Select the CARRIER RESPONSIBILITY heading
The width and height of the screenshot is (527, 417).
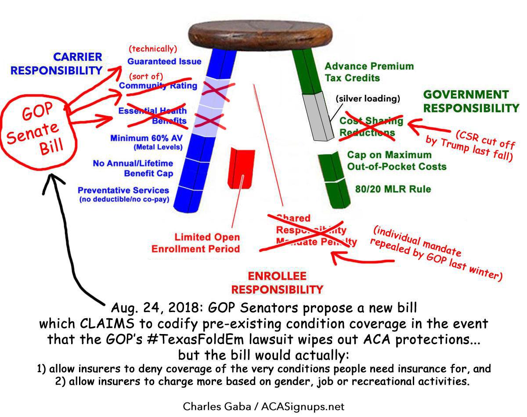coord(57,64)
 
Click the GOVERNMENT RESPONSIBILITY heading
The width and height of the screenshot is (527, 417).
coord(470,101)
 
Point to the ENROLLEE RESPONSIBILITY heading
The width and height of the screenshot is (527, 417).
coord(277,283)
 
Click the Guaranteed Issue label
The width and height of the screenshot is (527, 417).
coord(164,61)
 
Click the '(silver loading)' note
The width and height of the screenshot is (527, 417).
coord(368,99)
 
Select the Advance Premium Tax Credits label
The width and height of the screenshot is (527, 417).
coord(368,72)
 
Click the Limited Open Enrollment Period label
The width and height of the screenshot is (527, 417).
coord(195,243)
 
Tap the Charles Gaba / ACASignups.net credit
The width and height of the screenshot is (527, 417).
coord(263,406)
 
